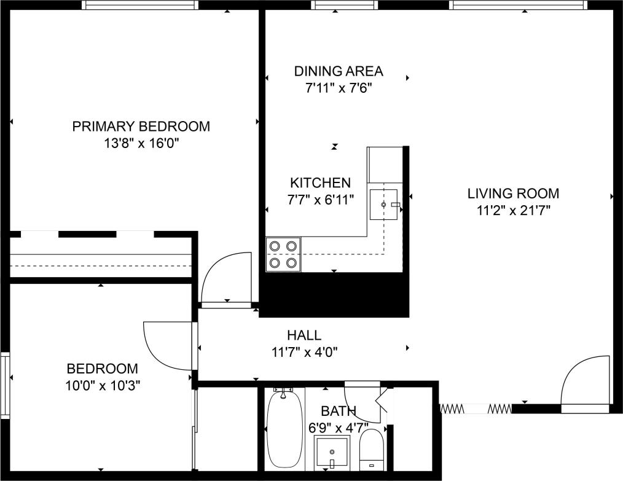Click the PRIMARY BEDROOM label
[x=141, y=127]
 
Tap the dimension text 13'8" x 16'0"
[x=141, y=144]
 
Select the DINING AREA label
[x=338, y=71]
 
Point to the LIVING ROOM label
[x=513, y=194]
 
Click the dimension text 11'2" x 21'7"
[x=513, y=211]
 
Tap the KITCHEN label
[x=320, y=182]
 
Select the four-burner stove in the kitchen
[x=283, y=254]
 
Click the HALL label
[x=304, y=335]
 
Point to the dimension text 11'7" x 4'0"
[x=304, y=353]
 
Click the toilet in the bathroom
[x=371, y=450]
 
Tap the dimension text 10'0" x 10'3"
[x=102, y=386]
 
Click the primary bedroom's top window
[x=140, y=5]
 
